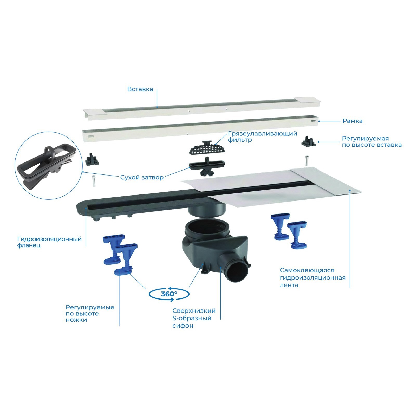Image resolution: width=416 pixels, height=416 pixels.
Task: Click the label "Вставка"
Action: [140, 89]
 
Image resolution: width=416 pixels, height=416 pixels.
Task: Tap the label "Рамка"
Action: [352, 121]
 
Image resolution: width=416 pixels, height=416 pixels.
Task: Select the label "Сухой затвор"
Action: [142, 178]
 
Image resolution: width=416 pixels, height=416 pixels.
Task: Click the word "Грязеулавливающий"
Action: [262, 134]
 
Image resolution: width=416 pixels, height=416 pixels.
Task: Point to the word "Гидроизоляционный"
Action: [49, 239]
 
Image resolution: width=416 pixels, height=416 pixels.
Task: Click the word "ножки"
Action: [76, 320]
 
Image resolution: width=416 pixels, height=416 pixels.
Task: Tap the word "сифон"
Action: [183, 326]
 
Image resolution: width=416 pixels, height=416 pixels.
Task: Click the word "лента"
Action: [289, 285]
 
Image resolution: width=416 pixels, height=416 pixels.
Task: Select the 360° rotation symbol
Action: [169, 294]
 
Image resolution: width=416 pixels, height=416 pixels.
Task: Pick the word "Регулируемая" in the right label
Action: [365, 139]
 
